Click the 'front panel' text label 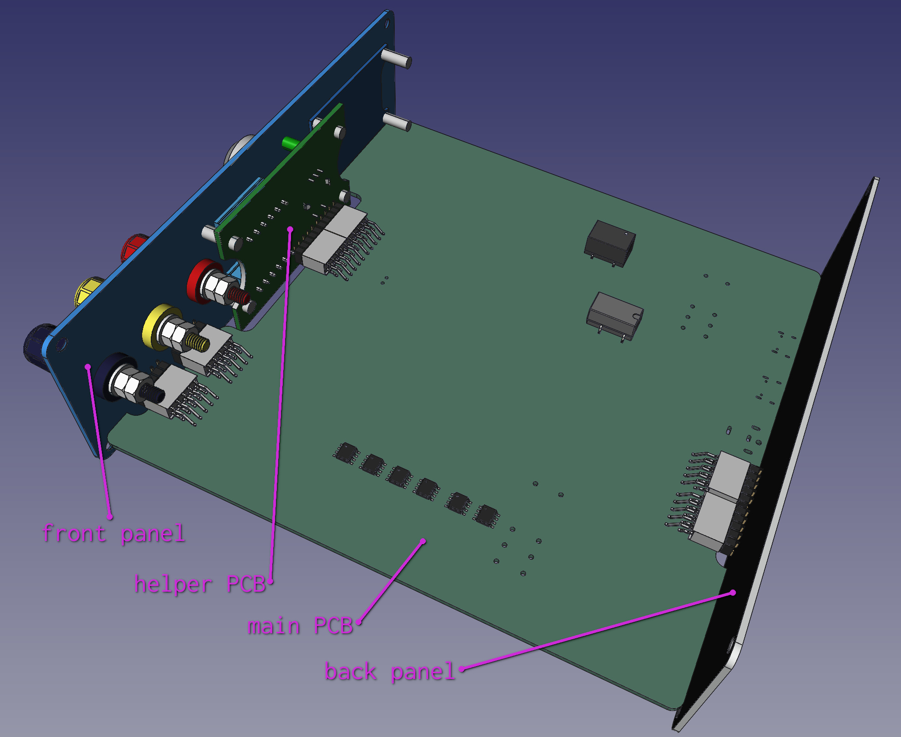[x=114, y=534]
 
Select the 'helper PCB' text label [x=200, y=584]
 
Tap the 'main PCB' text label [x=300, y=626]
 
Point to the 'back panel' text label [x=390, y=672]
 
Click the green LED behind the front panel [x=290, y=143]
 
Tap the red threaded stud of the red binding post [x=239, y=296]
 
